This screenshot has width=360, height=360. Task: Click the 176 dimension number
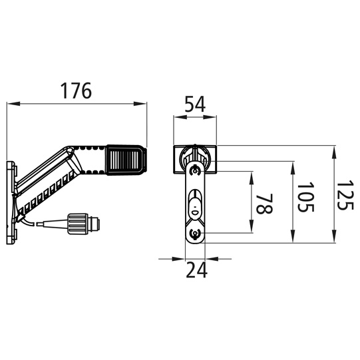tap(76, 90)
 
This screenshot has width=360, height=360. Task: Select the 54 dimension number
tap(195, 104)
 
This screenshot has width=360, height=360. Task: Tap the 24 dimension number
tap(196, 270)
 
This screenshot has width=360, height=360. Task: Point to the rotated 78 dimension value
tap(264, 204)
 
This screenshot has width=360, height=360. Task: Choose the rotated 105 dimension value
tap(305, 197)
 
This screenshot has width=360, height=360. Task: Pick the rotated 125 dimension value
tap(345, 195)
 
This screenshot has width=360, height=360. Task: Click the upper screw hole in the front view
tap(195, 171)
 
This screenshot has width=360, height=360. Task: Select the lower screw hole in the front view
tap(195, 234)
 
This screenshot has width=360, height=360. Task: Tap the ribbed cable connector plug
tap(83, 224)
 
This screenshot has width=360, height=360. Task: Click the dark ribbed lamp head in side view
tap(126, 160)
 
